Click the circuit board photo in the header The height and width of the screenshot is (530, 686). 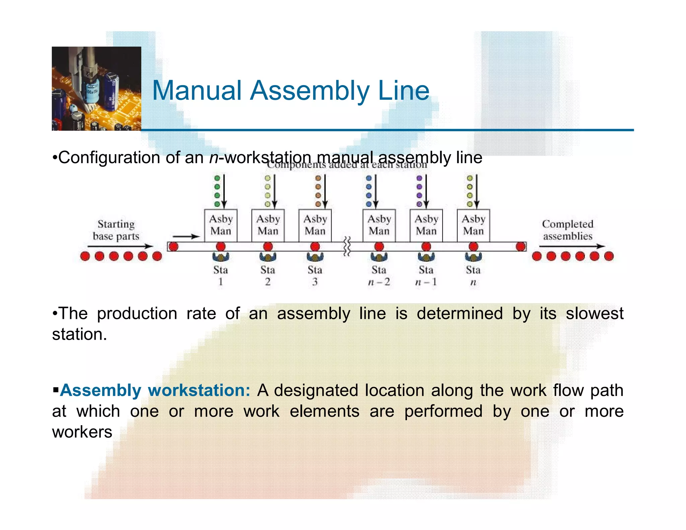[x=96, y=88]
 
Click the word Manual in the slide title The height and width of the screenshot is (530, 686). [x=197, y=90]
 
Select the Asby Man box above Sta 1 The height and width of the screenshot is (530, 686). [x=221, y=225]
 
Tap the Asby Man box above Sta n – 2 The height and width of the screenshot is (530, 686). [x=379, y=225]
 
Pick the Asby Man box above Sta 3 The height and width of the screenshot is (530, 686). [x=315, y=225]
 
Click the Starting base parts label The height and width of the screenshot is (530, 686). [x=116, y=230]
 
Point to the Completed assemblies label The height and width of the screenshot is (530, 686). [x=568, y=230]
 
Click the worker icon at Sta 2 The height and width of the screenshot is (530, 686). [x=268, y=257]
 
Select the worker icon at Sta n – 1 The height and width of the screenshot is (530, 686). [x=426, y=257]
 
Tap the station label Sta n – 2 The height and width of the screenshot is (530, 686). [x=379, y=276]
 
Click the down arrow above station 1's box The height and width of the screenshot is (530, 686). [x=224, y=191]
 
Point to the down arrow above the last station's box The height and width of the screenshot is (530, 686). [x=477, y=191]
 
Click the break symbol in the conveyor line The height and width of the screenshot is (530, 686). [x=347, y=246]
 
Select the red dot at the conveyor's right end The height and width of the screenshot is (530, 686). [x=521, y=247]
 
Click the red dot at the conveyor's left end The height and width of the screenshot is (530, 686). [x=173, y=247]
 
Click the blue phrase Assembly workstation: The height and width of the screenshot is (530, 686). [x=155, y=390]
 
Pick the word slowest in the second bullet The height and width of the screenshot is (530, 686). [x=595, y=314]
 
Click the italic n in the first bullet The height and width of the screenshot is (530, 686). [x=213, y=157]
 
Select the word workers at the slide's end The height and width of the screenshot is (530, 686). [x=82, y=432]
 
